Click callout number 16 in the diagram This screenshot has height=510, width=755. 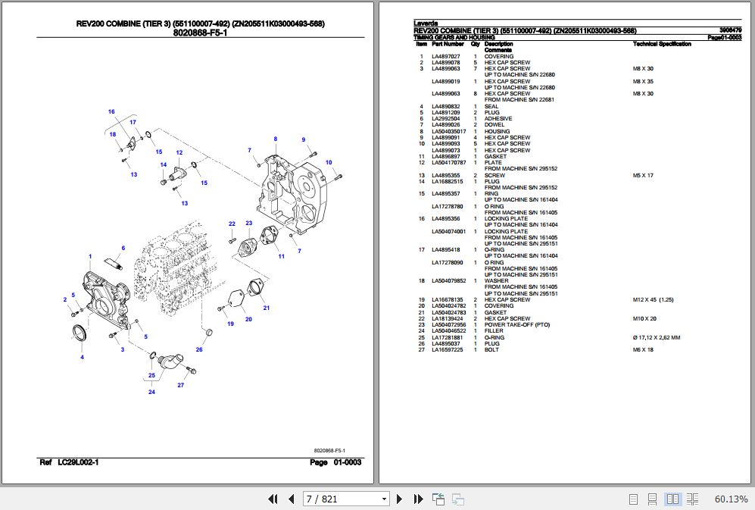pos(111,112)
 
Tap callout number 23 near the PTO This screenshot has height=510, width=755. pos(248,223)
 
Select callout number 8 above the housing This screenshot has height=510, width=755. pos(276,139)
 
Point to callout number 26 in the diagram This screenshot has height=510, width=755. pos(199,349)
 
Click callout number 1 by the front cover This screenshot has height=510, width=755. pos(90,257)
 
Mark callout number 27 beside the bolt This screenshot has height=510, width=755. pos(181,385)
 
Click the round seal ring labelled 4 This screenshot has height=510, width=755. pos(79,333)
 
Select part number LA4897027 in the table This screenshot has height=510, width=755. pos(445,57)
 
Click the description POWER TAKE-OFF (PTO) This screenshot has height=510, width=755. pos(517,325)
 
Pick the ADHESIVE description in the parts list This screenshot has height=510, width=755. pos(498,119)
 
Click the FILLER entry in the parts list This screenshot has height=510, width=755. pos(494,331)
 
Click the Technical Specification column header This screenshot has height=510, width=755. pos(662,44)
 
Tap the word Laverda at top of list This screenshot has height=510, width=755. pos(426,24)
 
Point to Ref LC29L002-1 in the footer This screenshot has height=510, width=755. pos(69,462)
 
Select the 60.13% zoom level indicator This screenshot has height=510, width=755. pos(731,499)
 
